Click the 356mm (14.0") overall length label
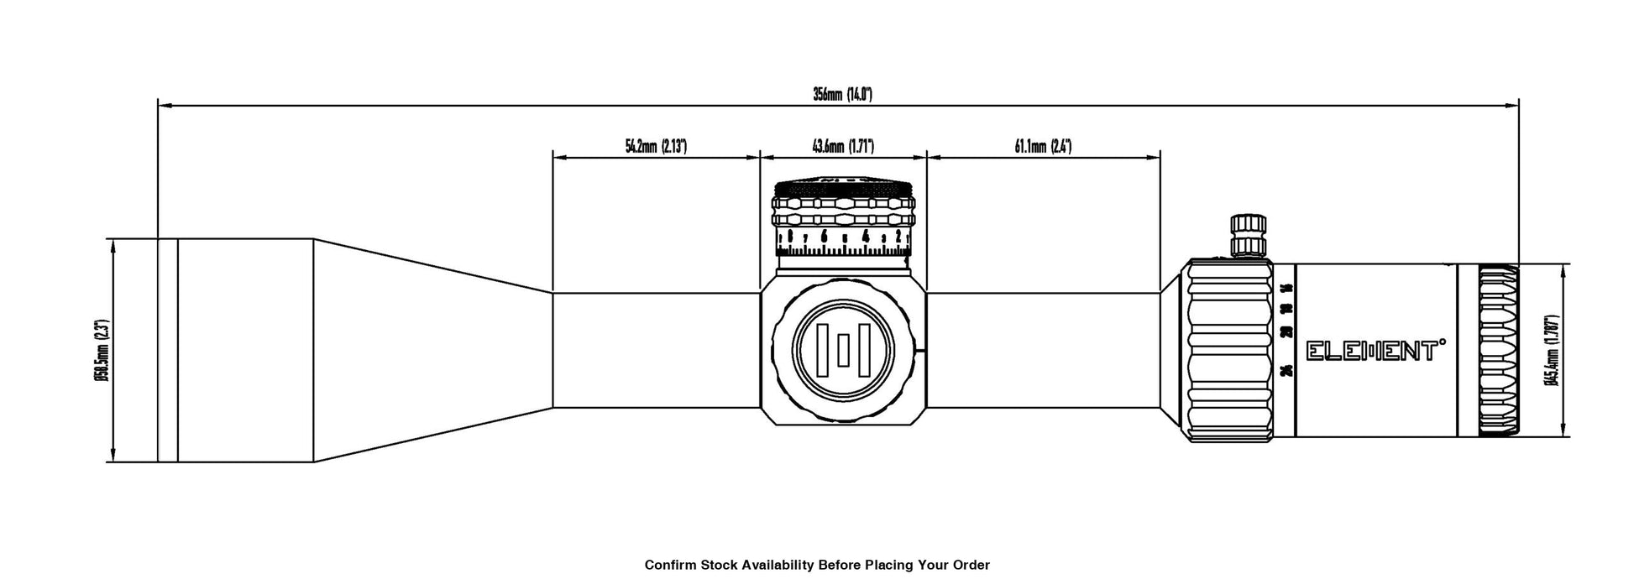point(842,94)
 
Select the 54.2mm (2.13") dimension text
point(656,147)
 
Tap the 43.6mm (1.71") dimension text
point(843,147)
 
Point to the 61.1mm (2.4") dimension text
point(1043,147)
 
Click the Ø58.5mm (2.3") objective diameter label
point(101,351)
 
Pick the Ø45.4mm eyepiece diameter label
point(1552,351)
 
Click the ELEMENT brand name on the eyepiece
point(1375,351)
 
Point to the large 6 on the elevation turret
point(825,237)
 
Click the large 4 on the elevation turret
point(865,237)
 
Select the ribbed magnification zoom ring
point(1229,351)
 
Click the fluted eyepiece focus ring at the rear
point(1498,351)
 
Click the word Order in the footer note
point(971,565)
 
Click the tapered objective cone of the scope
point(432,351)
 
